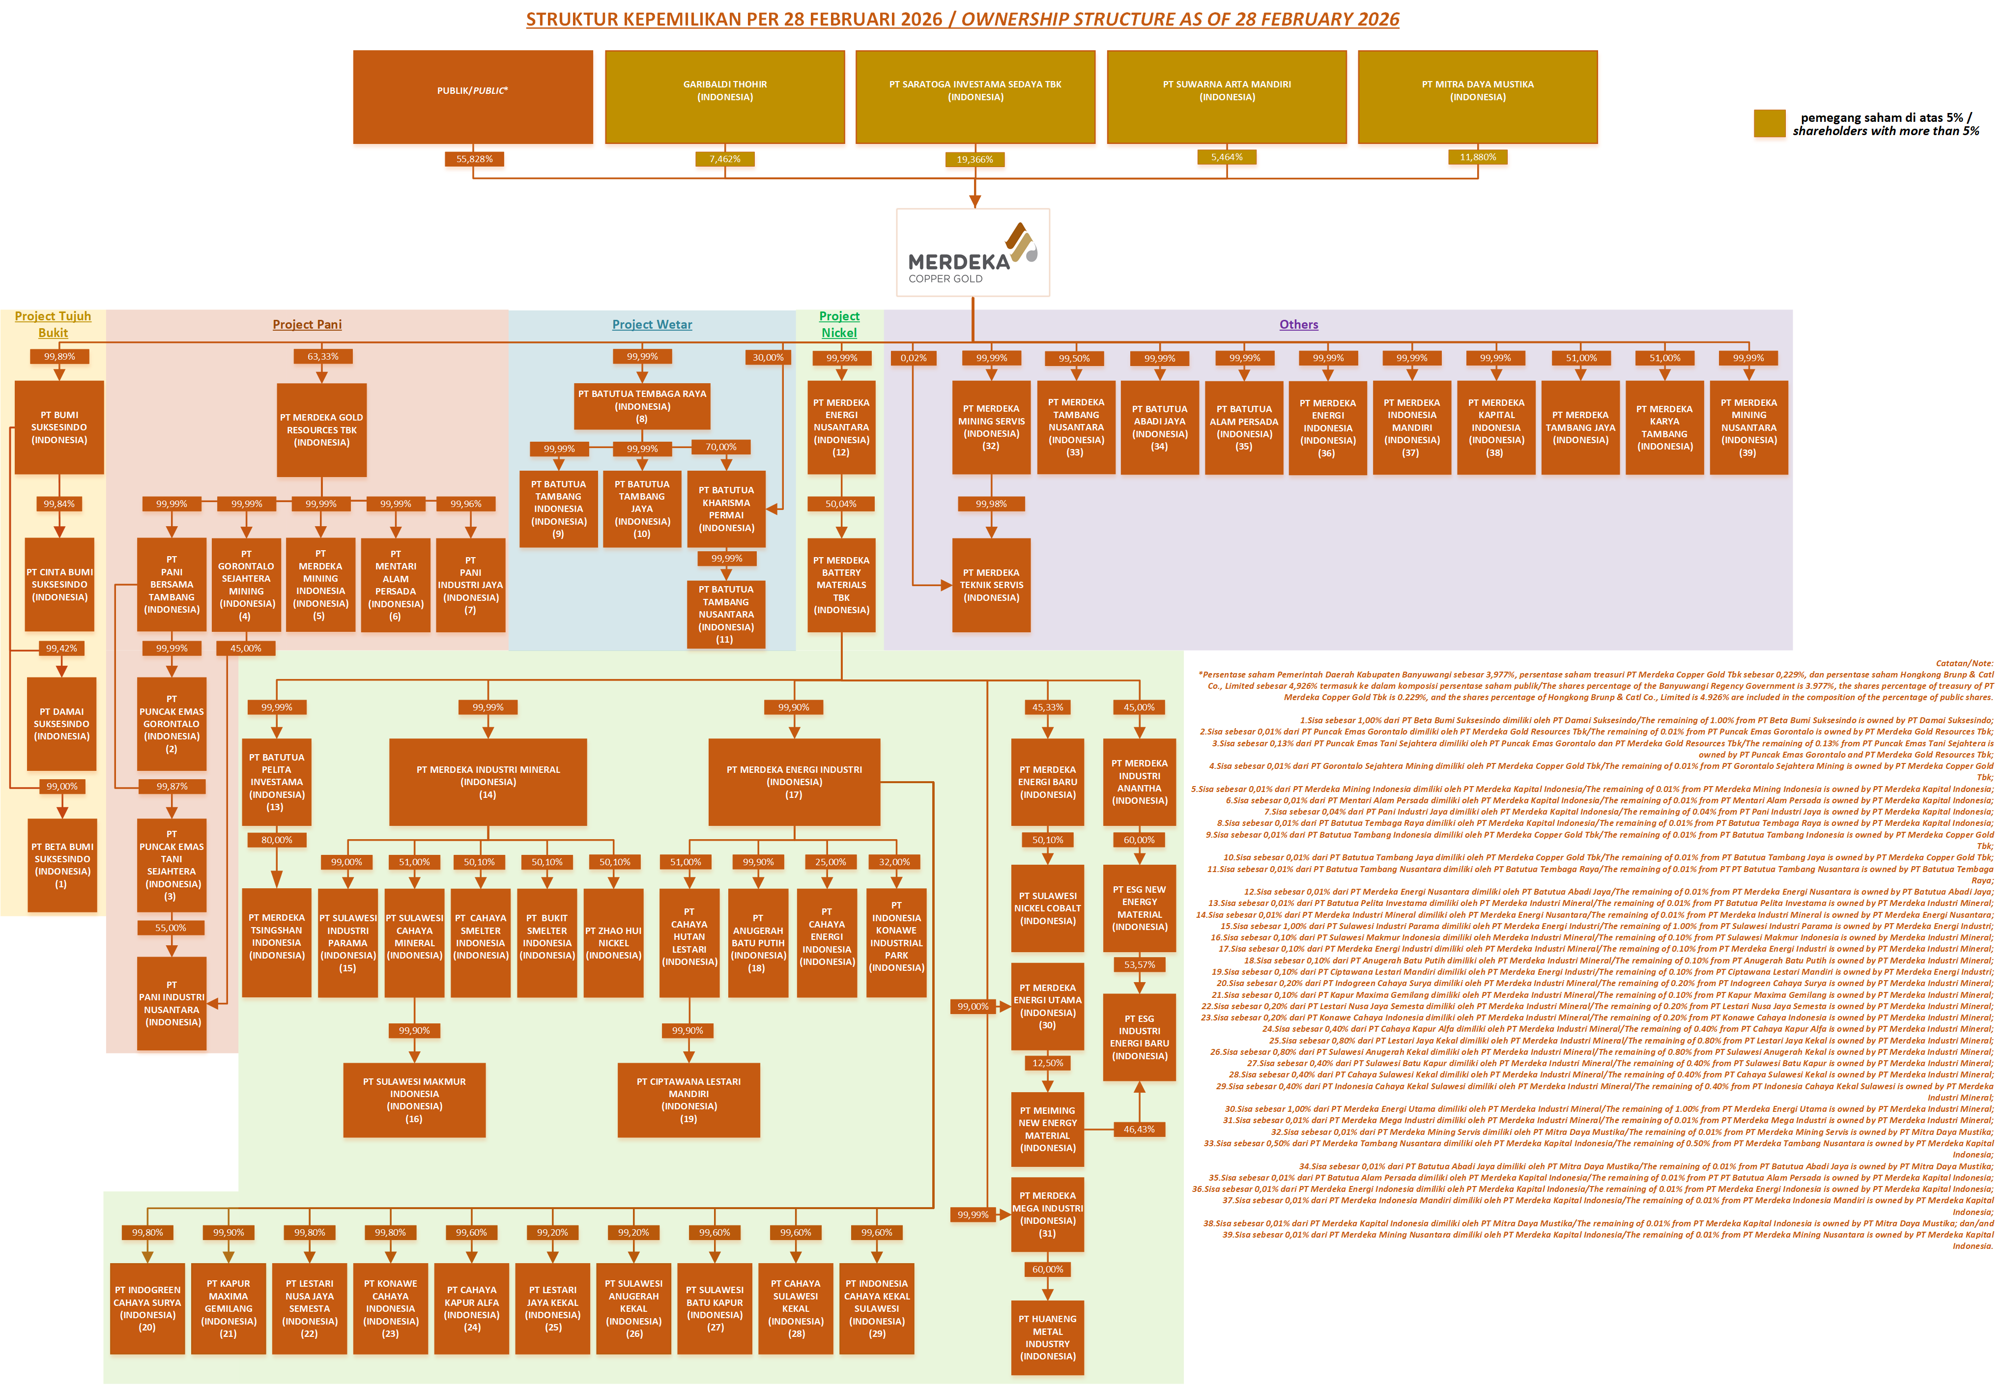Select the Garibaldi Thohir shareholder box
pos(725,96)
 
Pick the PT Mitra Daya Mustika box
pos(1477,96)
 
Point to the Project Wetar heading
pos(652,325)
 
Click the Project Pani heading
pos(307,325)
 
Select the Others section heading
pos(1298,325)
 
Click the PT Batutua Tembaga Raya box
pos(641,406)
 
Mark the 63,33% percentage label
pos(322,357)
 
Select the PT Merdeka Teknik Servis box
pos(991,585)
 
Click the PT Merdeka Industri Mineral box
pos(488,782)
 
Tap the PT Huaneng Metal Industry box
pos(1048,1337)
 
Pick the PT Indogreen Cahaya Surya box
pos(147,1309)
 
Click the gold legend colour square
pos(1769,123)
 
